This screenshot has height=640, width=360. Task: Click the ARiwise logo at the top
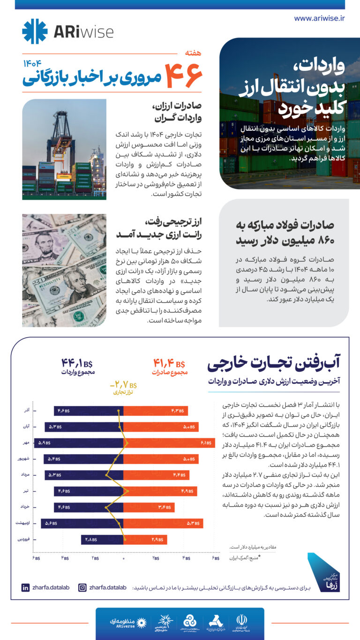[68, 31]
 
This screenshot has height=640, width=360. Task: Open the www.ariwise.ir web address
[319, 18]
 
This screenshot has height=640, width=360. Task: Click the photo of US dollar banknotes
[64, 271]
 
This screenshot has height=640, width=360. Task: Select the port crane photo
[64, 149]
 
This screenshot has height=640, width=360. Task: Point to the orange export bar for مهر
[169, 442]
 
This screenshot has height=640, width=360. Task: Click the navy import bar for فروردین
[102, 540]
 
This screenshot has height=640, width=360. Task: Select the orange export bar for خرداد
[149, 507]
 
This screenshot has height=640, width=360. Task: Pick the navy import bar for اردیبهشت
[82, 523]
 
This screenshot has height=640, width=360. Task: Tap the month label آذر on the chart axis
[27, 411]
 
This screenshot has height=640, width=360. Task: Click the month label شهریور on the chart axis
[24, 459]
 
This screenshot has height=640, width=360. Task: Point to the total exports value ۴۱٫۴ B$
[169, 363]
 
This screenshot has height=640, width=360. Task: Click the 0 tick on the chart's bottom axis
[124, 558]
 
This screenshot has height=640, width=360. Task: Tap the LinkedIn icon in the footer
[25, 587]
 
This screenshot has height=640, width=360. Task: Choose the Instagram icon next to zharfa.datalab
[82, 587]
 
